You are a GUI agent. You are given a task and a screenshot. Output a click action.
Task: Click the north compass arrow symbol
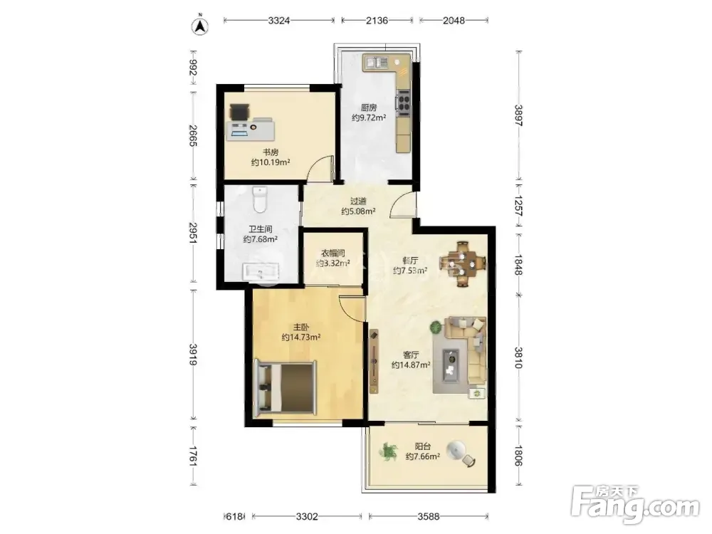point(200,27)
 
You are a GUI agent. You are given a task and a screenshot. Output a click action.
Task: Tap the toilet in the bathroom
point(260,200)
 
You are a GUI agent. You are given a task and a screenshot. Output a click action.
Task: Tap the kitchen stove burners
point(403,100)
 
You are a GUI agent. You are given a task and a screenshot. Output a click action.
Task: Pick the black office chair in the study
point(239,111)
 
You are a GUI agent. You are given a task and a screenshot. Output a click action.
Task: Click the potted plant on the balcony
point(388,452)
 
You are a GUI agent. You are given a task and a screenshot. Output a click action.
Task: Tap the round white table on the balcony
point(456,450)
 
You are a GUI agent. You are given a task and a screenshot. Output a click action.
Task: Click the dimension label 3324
point(279,21)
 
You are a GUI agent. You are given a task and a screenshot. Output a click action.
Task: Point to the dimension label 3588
point(428,516)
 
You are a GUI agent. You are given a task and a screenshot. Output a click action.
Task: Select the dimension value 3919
point(193,355)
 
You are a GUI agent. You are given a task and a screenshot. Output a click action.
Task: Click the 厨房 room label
point(369,108)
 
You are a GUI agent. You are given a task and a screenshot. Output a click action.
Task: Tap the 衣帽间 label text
point(333,253)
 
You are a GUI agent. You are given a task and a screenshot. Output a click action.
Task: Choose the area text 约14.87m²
point(411,365)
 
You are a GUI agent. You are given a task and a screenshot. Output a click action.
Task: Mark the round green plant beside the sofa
point(436,326)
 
